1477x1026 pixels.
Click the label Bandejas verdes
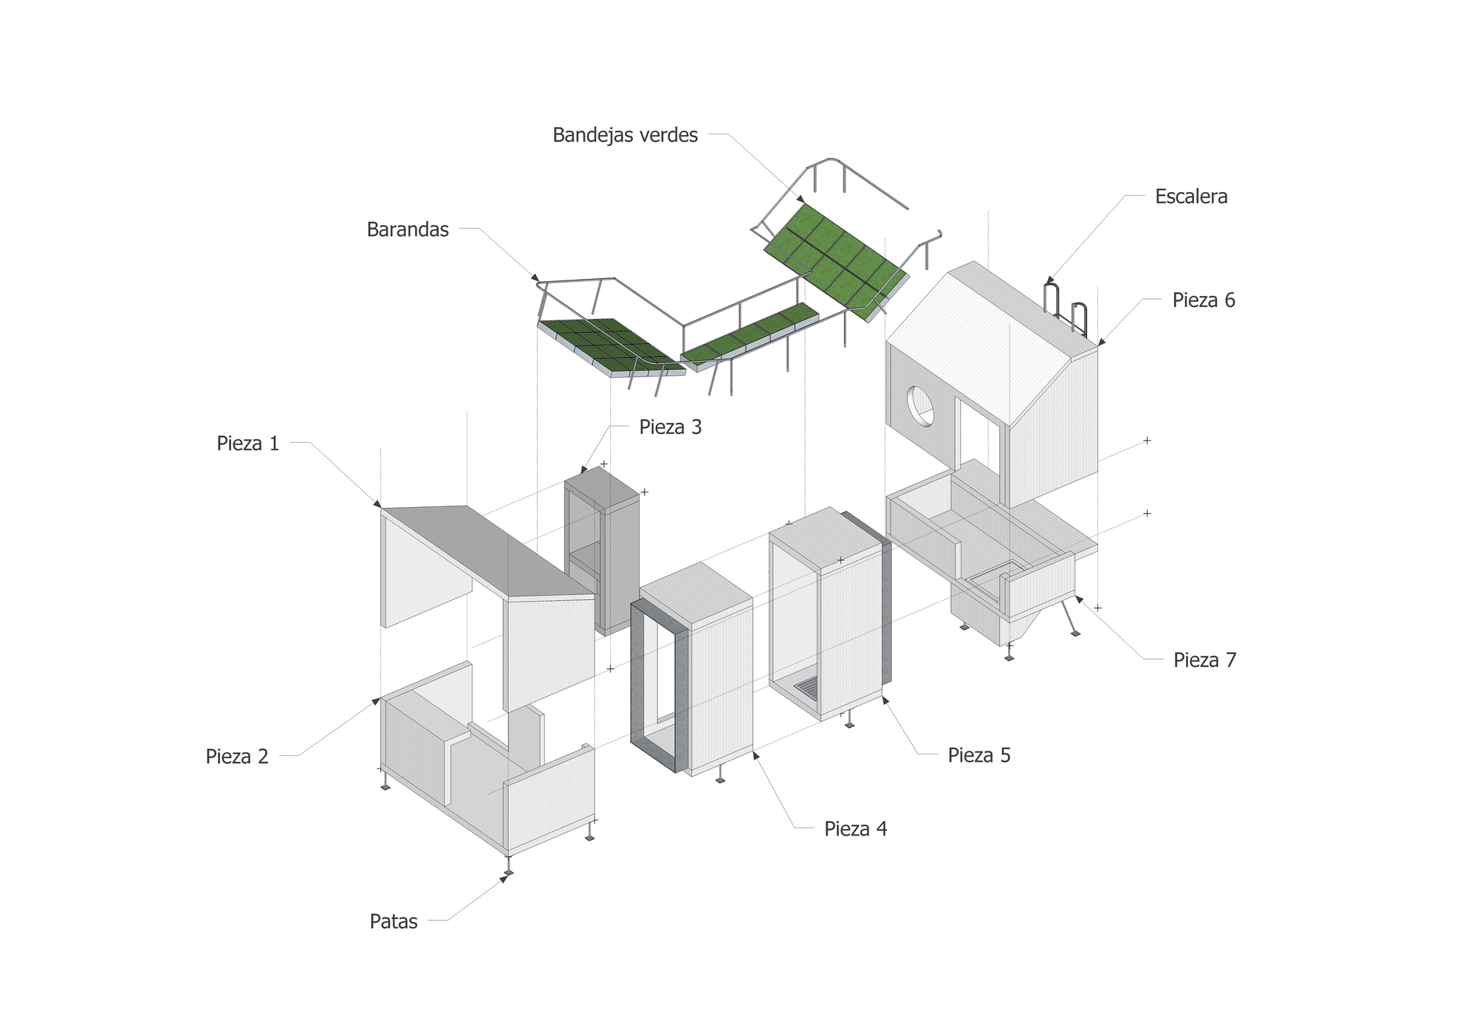(625, 135)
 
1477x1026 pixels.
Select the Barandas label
(408, 230)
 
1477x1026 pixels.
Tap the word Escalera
(1191, 196)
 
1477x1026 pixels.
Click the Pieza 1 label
(248, 444)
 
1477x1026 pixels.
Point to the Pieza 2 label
(237, 757)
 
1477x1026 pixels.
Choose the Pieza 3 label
(670, 427)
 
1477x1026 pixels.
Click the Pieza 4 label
(855, 829)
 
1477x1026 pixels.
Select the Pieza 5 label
(979, 755)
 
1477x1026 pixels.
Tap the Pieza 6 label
(1203, 300)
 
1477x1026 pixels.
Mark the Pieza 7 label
(1204, 660)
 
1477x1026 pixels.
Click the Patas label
(394, 922)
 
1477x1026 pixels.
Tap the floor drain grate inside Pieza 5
(807, 689)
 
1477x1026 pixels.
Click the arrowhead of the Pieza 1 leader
(377, 504)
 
